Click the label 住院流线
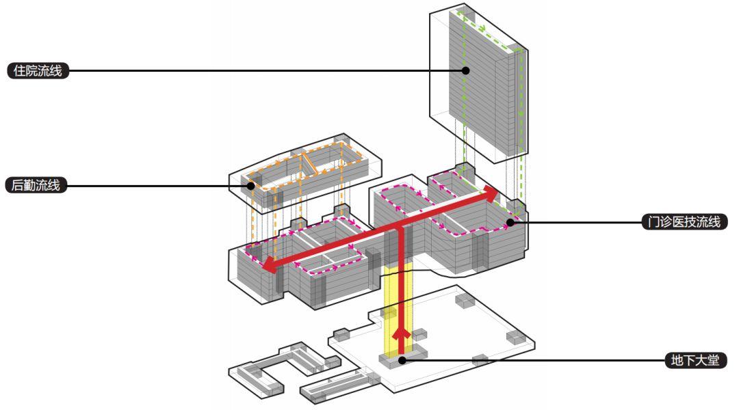click(x=38, y=70)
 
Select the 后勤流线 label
click(x=38, y=185)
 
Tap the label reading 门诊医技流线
click(x=684, y=221)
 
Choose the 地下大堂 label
click(x=695, y=360)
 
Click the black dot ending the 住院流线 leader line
click(x=465, y=70)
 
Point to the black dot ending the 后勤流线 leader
click(x=251, y=185)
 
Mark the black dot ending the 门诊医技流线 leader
click(x=510, y=221)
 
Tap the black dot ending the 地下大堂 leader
click(x=402, y=359)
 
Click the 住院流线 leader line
click(x=267, y=70)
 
